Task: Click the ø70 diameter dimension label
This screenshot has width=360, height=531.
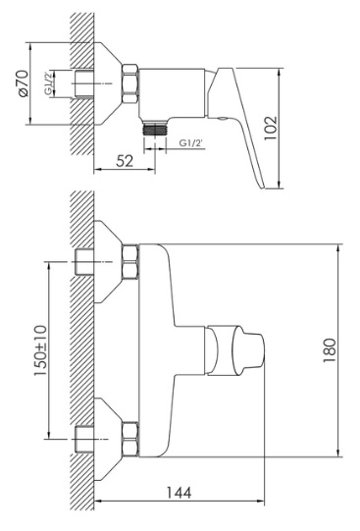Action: tap(24, 83)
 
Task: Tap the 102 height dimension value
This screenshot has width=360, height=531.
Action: tap(271, 128)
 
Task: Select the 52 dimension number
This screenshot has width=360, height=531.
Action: tap(125, 161)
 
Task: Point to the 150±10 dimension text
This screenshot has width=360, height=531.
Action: tap(40, 350)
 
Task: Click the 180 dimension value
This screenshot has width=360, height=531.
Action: tap(330, 350)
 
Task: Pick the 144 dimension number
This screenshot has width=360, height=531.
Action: tap(179, 493)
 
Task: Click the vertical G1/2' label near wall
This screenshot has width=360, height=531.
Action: tap(48, 83)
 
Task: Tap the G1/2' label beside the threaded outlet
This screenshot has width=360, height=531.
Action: tap(191, 143)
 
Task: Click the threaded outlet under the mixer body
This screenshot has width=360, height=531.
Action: tap(155, 128)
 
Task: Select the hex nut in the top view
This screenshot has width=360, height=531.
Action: tap(130, 83)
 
